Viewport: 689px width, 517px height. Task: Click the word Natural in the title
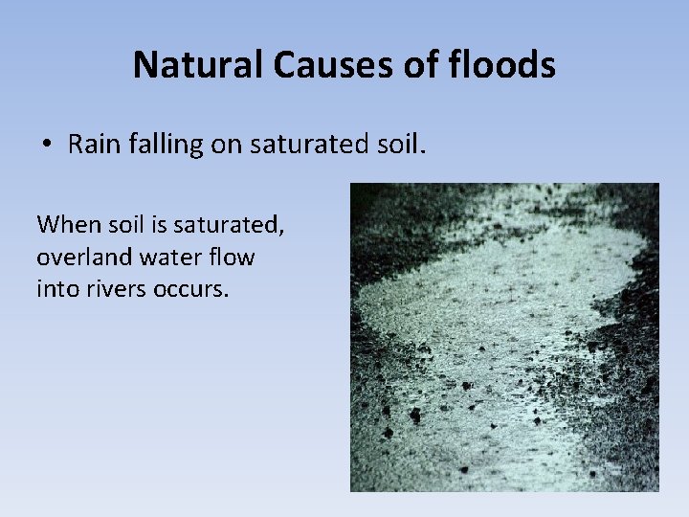(x=198, y=65)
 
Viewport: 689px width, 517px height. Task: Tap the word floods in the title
(x=506, y=65)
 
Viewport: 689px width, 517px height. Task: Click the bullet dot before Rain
(x=45, y=145)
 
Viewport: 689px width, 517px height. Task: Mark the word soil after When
(x=123, y=225)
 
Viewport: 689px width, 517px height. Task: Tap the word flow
(x=232, y=258)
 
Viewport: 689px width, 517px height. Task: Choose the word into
(x=56, y=289)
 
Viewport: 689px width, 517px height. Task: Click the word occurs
(x=190, y=289)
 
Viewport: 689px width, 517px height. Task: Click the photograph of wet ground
(x=503, y=337)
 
